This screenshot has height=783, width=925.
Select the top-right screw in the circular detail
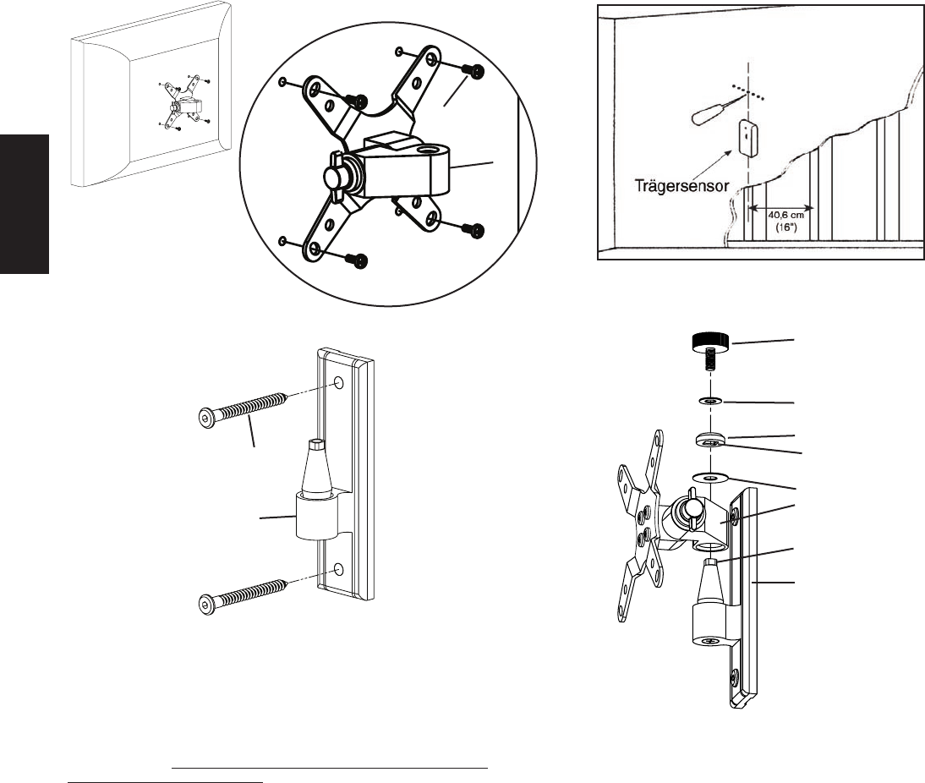point(476,73)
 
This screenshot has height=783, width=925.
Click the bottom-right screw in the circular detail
point(476,231)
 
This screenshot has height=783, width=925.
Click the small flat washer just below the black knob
point(711,399)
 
